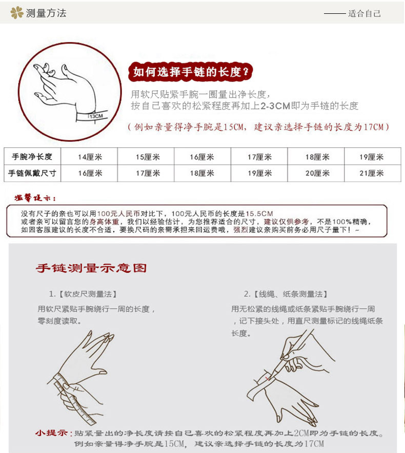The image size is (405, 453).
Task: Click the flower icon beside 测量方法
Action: pos(17,12)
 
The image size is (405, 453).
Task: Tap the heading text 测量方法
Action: pos(46,13)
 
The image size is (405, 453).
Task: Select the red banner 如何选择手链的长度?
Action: pos(191,72)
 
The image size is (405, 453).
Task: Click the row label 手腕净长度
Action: pos(32,157)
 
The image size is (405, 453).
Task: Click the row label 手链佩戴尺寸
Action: pos(32,173)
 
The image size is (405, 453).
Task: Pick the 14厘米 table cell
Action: pos(90,157)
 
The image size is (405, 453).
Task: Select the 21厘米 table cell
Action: pos(371,173)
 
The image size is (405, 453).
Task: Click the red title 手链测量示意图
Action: pos(91,268)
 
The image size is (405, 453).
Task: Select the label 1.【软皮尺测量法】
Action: pos(83,294)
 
